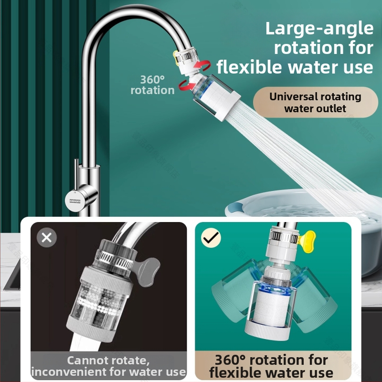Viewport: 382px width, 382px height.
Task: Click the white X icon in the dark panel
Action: pos(46,237)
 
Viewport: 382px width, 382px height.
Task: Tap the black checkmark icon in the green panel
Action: pos(211,237)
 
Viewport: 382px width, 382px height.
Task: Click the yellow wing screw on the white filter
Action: pos(307,241)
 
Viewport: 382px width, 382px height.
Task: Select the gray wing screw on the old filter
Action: pos(148,272)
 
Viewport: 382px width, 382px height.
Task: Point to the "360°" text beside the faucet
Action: pos(152,79)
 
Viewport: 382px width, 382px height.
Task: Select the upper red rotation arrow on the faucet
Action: pos(202,65)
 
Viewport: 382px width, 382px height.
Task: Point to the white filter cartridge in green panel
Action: pos(271,308)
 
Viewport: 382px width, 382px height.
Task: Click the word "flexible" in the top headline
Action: pos(249,67)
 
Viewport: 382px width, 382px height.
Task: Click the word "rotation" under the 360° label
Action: pos(152,90)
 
